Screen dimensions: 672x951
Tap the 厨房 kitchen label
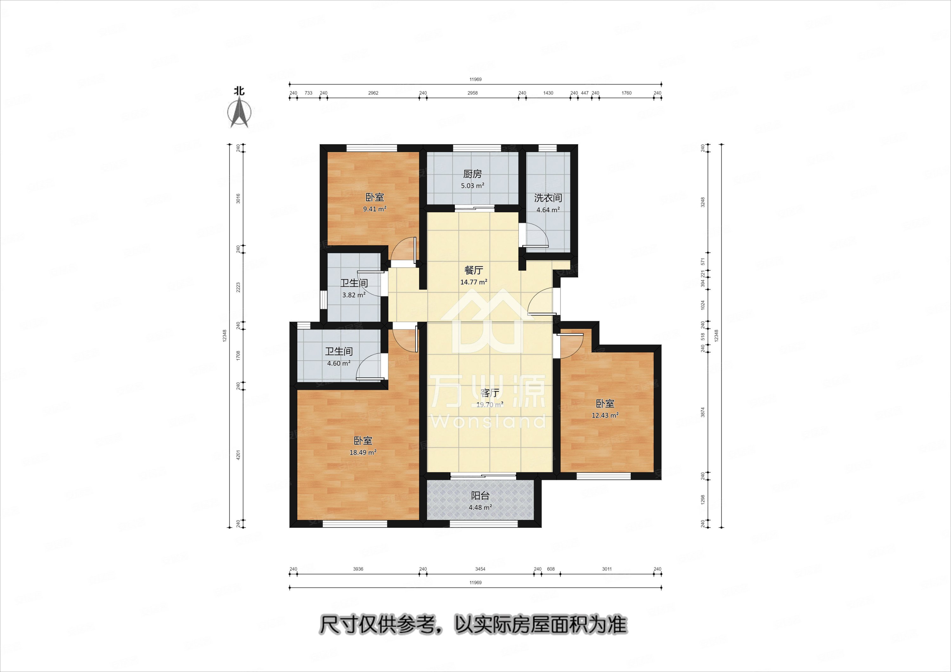tap(472, 174)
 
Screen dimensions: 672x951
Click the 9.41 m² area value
tap(374, 209)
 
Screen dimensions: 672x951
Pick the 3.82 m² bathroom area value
tap(354, 295)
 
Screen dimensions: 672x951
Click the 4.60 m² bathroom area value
tap(339, 363)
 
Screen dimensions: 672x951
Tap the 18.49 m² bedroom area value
tap(363, 452)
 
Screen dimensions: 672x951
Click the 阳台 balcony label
tap(480, 496)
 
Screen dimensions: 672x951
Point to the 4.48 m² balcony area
tap(480, 507)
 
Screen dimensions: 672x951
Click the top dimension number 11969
tap(475, 80)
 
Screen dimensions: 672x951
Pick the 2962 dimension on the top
tap(373, 93)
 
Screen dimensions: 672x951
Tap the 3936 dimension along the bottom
tap(358, 569)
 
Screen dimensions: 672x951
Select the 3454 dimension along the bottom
tap(480, 569)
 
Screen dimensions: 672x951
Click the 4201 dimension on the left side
tap(238, 456)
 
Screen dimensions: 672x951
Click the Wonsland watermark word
tap(489, 421)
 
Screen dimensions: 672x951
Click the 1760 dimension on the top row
tap(626, 93)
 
